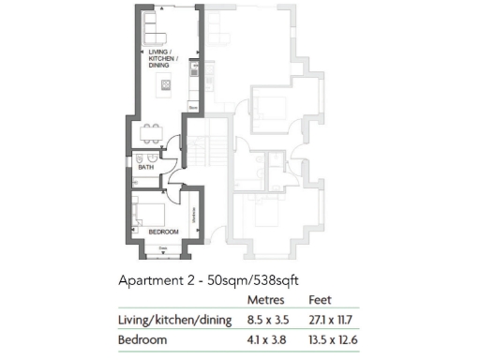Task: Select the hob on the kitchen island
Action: click(167, 86)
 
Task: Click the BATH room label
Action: click(147, 167)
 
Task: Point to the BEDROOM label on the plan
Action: click(164, 231)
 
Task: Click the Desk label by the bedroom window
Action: click(163, 247)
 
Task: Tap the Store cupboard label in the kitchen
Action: click(190, 109)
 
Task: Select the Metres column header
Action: click(266, 301)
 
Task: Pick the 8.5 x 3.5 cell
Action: click(267, 321)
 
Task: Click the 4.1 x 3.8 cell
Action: click(267, 340)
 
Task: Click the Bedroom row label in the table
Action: click(143, 340)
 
